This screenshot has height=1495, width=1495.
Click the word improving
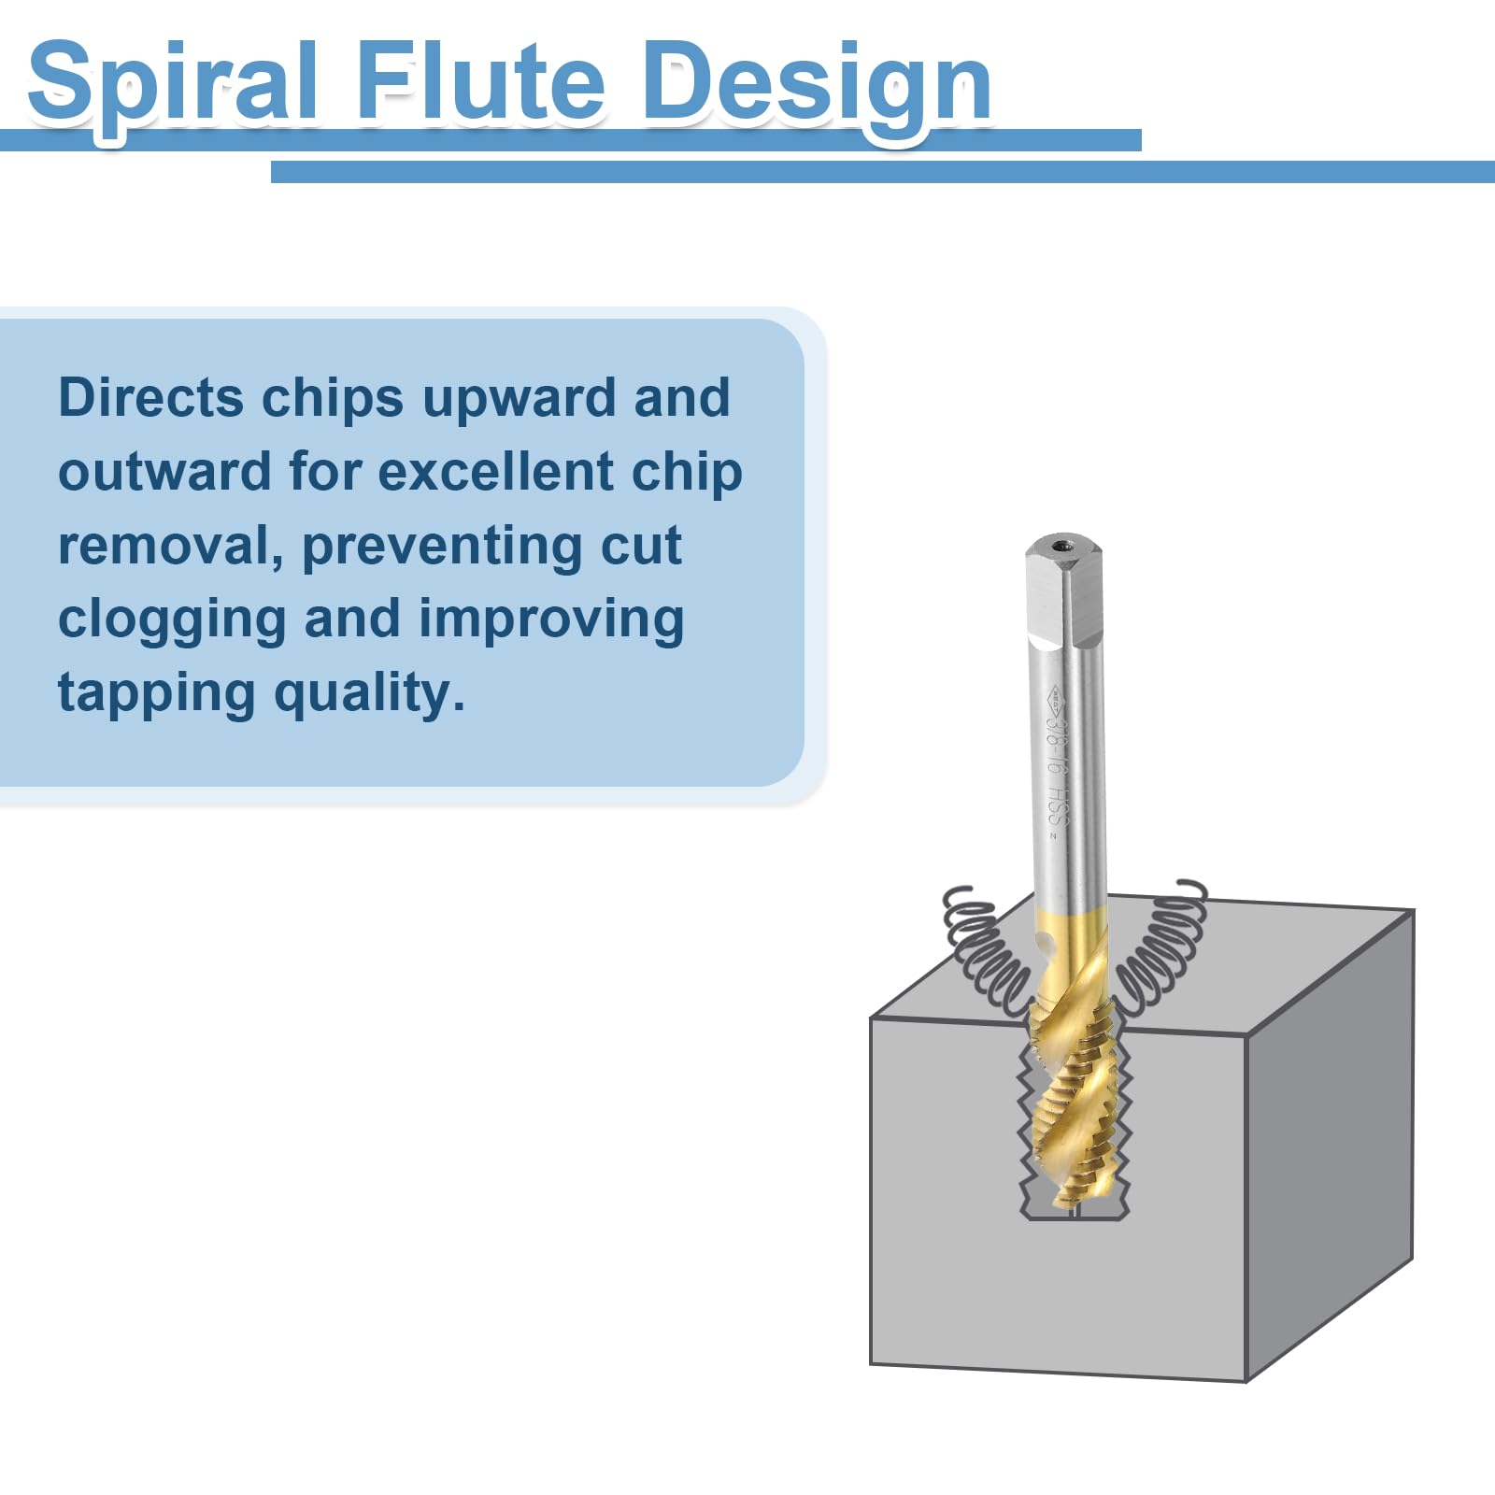[551, 622]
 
